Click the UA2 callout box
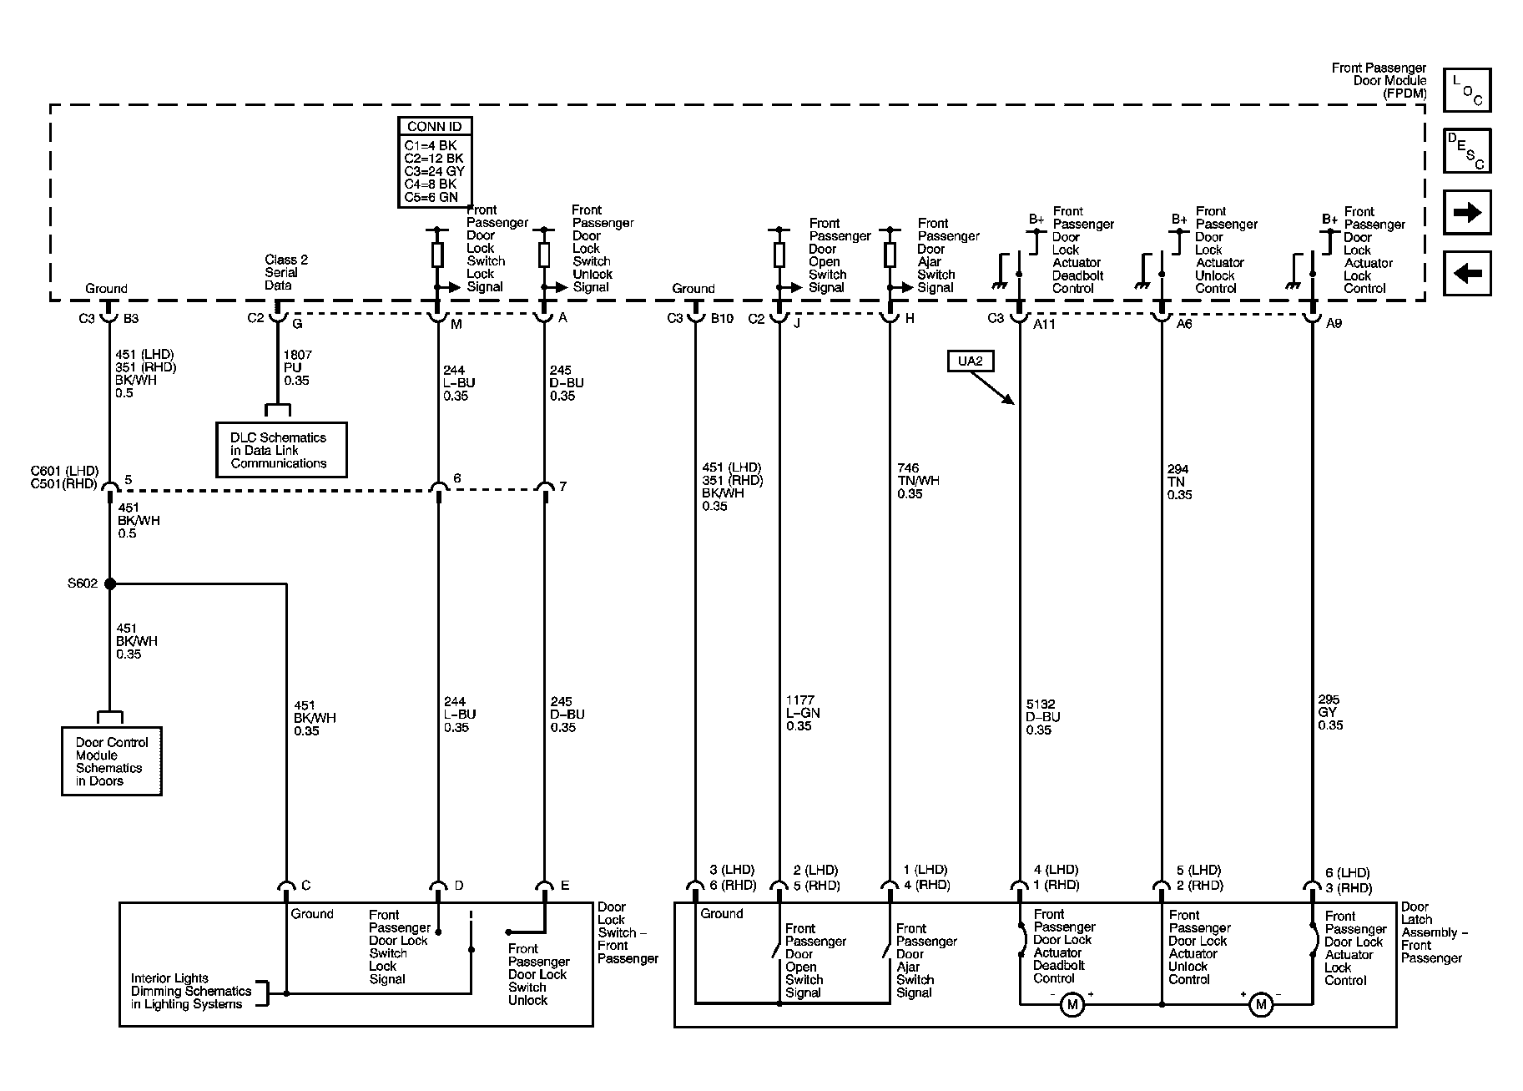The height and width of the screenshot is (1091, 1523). (x=971, y=361)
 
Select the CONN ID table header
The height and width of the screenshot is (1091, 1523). (x=435, y=127)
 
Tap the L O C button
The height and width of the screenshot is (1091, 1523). (x=1467, y=90)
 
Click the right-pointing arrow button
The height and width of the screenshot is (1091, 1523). (x=1467, y=212)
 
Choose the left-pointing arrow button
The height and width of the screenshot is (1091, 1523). (x=1467, y=273)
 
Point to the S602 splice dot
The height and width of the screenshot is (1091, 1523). (x=109, y=583)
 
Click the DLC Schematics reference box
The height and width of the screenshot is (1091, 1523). (x=281, y=450)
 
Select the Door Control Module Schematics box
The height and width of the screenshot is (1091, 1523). (x=112, y=761)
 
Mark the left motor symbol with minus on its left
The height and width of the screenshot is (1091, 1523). (x=1072, y=1004)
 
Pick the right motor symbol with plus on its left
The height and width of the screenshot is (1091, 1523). (x=1260, y=1004)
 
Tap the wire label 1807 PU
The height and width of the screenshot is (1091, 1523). (x=296, y=367)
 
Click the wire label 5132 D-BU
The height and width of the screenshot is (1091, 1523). (x=1043, y=717)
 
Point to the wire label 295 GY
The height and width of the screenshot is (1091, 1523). (x=1330, y=713)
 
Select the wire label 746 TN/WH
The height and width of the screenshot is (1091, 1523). (x=918, y=481)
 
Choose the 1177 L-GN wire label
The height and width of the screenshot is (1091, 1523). (x=803, y=713)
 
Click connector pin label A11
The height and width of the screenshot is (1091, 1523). (x=1044, y=324)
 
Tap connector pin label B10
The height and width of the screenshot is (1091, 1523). (x=721, y=318)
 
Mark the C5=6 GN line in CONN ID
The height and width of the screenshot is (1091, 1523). (x=431, y=198)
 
